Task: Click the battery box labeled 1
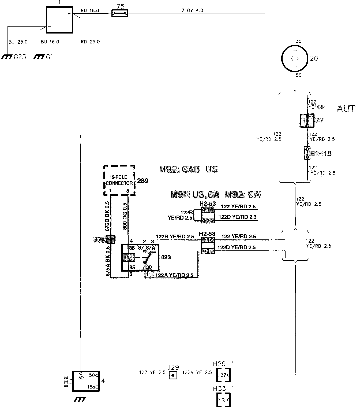click(x=59, y=20)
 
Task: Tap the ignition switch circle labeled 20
click(x=295, y=58)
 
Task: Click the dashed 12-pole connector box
click(x=119, y=180)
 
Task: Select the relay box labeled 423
click(x=140, y=257)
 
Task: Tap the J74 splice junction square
click(x=111, y=239)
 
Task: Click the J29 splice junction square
click(x=173, y=375)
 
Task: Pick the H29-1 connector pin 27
click(x=223, y=375)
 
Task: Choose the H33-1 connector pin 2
click(x=223, y=400)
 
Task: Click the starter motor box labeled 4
click(x=86, y=381)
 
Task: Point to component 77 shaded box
click(x=307, y=121)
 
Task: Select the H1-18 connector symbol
click(x=307, y=153)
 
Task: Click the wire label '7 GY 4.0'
click(x=192, y=10)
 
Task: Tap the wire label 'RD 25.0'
click(x=90, y=42)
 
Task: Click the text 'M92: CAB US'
click(x=188, y=169)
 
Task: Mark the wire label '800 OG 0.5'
click(x=125, y=216)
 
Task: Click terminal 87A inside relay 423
click(x=150, y=248)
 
